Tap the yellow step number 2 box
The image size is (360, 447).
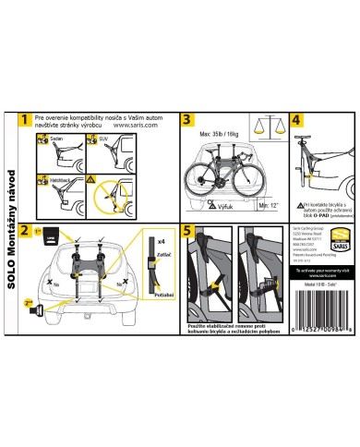25,231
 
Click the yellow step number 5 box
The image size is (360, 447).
187,231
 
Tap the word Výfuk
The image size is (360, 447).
222,208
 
